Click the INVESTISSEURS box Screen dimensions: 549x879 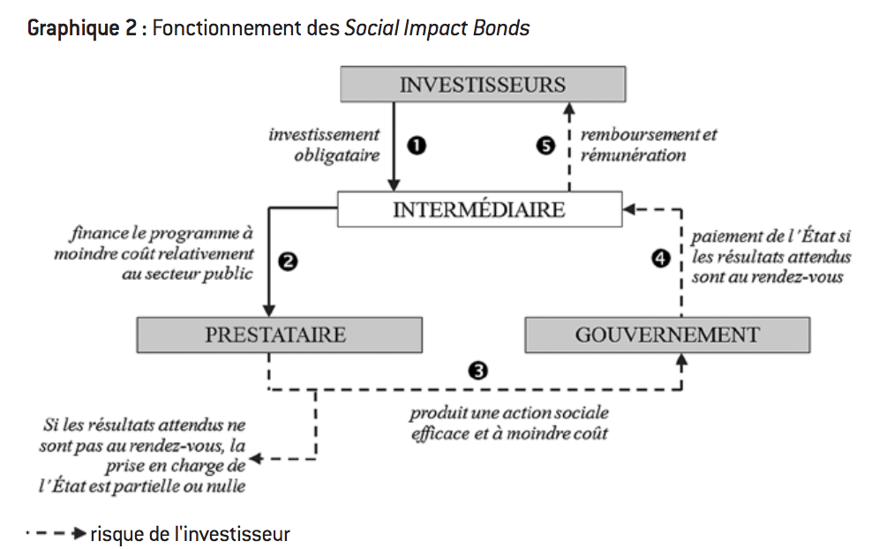[x=483, y=85]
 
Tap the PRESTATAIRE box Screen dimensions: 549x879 [x=279, y=335]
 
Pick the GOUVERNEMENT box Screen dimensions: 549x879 [x=667, y=335]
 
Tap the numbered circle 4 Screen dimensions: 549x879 [x=660, y=259]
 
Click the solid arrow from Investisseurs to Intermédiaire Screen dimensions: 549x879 [x=394, y=146]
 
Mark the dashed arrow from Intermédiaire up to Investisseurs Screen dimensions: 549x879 [x=569, y=146]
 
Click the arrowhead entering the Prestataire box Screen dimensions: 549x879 [x=267, y=310]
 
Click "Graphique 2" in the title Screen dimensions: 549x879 [x=80, y=27]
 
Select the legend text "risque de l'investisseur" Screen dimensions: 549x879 [x=189, y=534]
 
